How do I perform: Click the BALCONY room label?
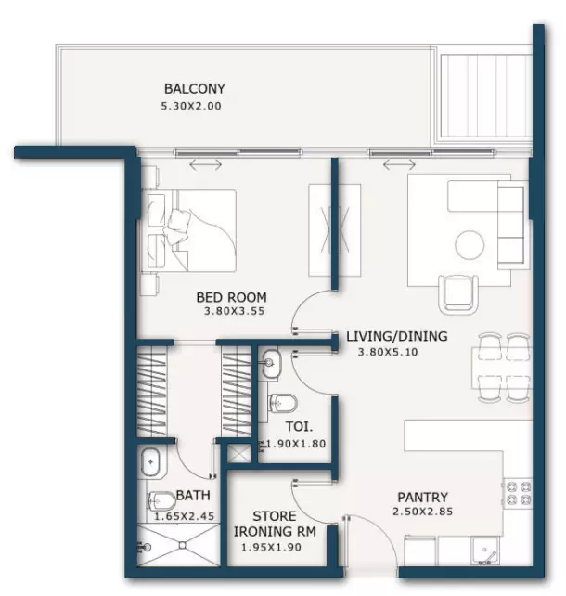click(x=195, y=89)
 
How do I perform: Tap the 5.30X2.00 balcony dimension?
click(x=191, y=106)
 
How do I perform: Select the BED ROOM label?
click(x=231, y=297)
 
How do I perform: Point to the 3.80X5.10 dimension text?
click(x=388, y=352)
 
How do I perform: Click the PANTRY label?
click(x=422, y=498)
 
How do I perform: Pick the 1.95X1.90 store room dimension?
click(x=271, y=548)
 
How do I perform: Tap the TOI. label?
click(x=299, y=426)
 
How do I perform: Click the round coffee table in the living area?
click(x=470, y=245)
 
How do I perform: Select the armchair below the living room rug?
click(x=458, y=294)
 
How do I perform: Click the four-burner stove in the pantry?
click(x=518, y=493)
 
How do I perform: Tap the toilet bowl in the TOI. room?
click(x=282, y=403)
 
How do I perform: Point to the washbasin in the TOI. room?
click(x=271, y=363)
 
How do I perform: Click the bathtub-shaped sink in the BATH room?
click(x=150, y=462)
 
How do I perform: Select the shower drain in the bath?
click(x=183, y=546)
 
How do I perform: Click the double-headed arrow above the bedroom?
click(x=205, y=165)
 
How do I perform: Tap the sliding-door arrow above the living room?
click(x=399, y=165)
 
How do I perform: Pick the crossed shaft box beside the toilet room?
click(x=239, y=453)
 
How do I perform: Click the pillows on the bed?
click(x=176, y=227)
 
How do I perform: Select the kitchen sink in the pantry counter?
click(x=485, y=551)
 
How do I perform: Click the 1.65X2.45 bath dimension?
click(x=185, y=516)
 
